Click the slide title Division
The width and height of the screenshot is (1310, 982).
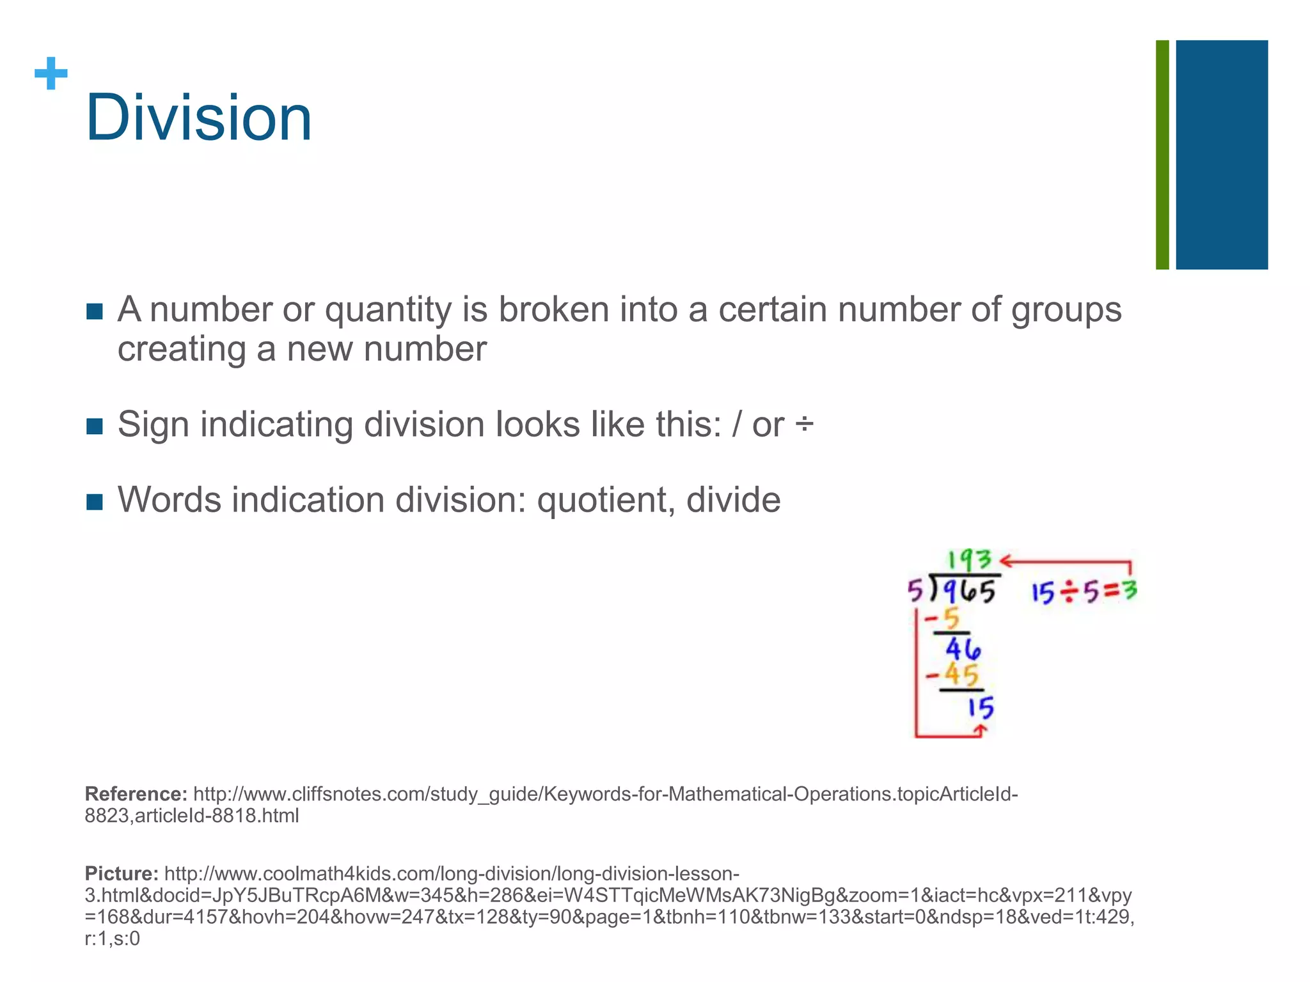click(x=198, y=118)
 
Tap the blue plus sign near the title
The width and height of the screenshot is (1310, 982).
click(x=51, y=74)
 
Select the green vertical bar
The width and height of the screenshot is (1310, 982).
click(x=1162, y=155)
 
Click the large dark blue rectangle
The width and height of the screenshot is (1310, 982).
click(x=1222, y=155)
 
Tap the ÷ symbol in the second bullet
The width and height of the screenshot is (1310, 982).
click(x=804, y=424)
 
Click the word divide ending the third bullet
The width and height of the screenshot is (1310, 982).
click(x=733, y=500)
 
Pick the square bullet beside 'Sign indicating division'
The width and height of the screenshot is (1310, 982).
click(x=94, y=426)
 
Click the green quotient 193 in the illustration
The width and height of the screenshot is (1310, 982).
click(x=969, y=561)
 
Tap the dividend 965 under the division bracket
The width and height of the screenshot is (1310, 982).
click(x=970, y=591)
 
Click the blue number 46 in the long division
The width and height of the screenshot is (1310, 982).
click(x=963, y=650)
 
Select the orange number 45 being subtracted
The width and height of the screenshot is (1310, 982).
click(x=961, y=675)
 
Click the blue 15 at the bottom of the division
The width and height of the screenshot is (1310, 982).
click(x=980, y=708)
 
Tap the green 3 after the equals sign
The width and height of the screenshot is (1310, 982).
click(x=1130, y=590)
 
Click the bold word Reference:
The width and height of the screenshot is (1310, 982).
click(x=136, y=794)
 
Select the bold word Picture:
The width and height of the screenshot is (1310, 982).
click(x=122, y=873)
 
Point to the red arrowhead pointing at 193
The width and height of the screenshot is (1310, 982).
click(x=1006, y=561)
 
